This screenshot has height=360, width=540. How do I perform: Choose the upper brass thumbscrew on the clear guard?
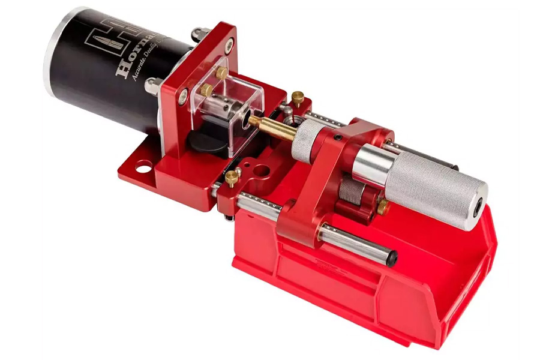point(222,73)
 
